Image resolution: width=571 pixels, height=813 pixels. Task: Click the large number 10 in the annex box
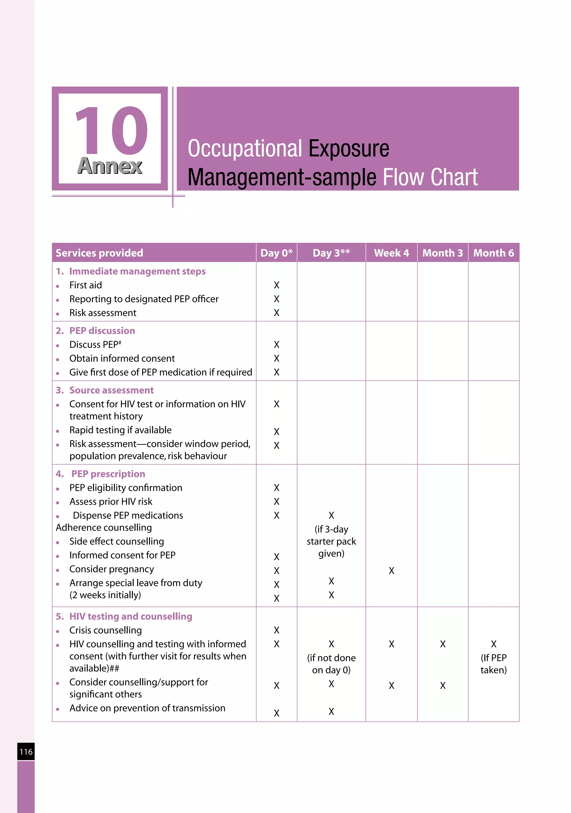coord(111,131)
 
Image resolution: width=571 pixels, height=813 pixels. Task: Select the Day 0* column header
coord(276,253)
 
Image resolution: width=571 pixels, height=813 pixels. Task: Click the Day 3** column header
coord(331,253)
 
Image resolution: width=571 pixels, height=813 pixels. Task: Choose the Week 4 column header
coord(391,253)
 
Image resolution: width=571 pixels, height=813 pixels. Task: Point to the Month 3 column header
coord(442,253)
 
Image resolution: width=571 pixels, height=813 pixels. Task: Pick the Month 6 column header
coord(493,253)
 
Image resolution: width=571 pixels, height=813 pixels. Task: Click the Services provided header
coord(100,253)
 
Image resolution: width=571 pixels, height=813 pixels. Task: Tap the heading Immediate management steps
coord(137,271)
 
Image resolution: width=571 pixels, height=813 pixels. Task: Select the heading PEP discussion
coord(102,331)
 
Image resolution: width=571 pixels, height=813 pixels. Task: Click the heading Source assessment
coord(111,390)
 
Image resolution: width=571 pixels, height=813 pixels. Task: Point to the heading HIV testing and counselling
coord(131,617)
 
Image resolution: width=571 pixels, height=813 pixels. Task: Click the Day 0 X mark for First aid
coord(277,285)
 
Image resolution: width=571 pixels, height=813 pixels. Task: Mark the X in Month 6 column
coord(493,644)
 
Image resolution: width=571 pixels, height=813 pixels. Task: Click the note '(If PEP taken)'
coord(493,664)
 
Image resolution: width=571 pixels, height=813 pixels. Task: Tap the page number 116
coord(26,752)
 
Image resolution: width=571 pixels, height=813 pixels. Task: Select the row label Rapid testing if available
coord(120,430)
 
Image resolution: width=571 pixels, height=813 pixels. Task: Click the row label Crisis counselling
coord(106,630)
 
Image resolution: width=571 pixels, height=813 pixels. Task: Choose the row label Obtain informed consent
coord(122,358)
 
